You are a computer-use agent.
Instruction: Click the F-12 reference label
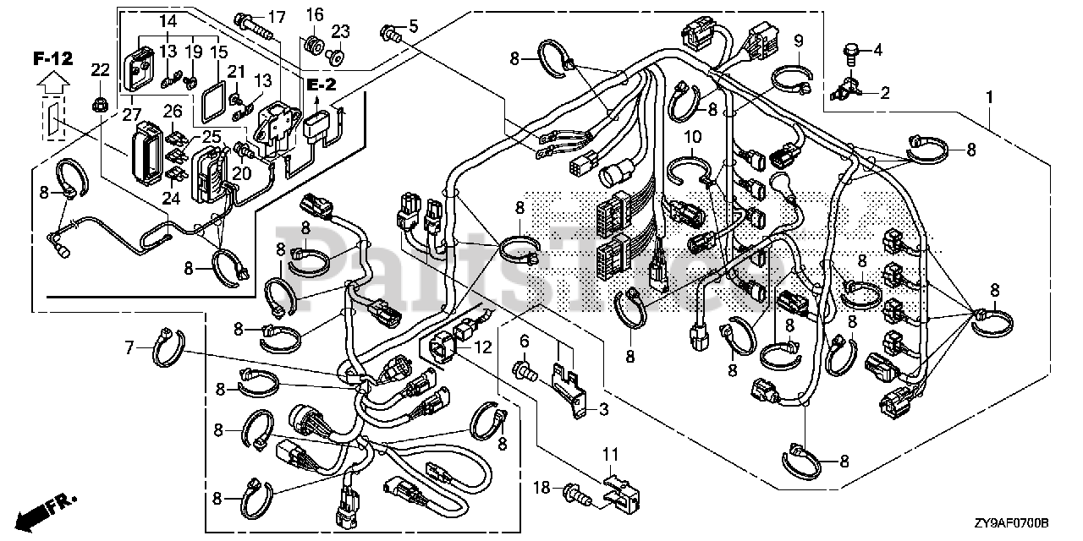pos(53,58)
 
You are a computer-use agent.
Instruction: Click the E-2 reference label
pos(321,85)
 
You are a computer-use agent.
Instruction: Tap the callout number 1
pos(990,97)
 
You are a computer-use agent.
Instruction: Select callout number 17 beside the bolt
pos(277,18)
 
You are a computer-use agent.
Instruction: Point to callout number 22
pos(101,70)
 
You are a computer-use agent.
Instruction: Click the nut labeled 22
pos(100,102)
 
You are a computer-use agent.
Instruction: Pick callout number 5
pos(413,26)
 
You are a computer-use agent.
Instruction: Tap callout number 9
pos(798,41)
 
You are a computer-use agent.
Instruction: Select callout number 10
pos(692,137)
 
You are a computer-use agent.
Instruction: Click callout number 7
pos(129,347)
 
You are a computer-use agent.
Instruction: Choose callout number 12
pos(482,347)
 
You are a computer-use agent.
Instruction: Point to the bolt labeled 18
pos(578,493)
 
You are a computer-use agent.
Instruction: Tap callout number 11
pos(610,455)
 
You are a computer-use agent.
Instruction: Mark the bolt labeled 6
pos(524,373)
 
